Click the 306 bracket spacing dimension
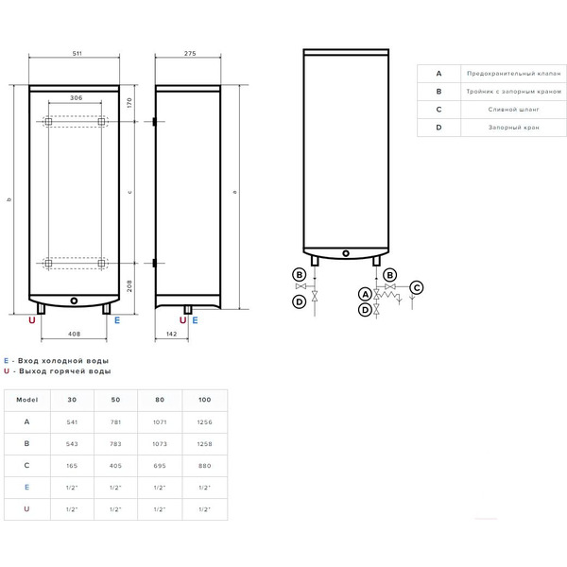(75, 98)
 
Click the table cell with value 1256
(204, 421)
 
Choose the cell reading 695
(161, 465)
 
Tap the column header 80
(161, 400)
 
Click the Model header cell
(27, 400)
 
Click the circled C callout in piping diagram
(417, 286)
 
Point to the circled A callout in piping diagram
(365, 294)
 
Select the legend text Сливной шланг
(501, 109)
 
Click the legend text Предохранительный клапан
(501, 73)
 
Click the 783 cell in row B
(116, 443)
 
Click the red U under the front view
(33, 321)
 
